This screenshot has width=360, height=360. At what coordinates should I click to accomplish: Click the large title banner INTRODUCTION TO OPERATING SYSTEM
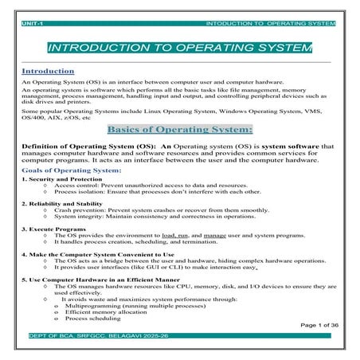(180, 48)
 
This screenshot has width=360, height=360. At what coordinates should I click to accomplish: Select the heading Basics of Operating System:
(179, 129)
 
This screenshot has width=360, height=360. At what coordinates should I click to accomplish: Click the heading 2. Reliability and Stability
(63, 205)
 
